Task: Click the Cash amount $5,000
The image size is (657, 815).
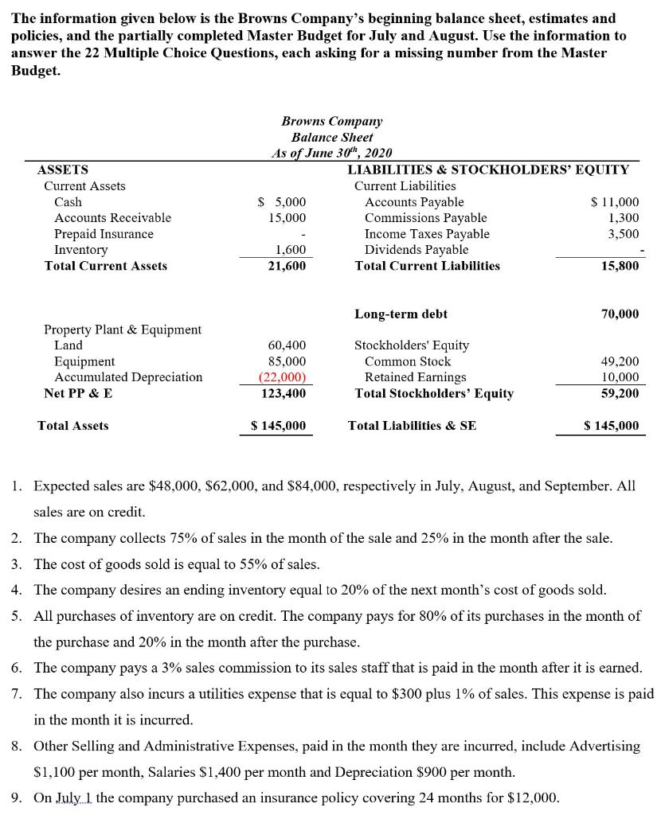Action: [x=283, y=202]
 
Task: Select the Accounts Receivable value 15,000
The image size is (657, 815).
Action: [x=287, y=217]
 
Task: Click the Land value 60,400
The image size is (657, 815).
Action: [x=287, y=345]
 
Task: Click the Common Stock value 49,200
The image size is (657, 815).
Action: [x=620, y=361]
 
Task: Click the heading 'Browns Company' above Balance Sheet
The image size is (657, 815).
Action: [x=331, y=121]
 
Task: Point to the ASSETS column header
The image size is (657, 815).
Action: [x=63, y=170]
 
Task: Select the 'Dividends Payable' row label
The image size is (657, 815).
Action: [x=416, y=250]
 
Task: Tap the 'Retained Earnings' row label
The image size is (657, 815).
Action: [x=416, y=377]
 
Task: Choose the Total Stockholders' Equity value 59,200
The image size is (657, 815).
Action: [x=620, y=393]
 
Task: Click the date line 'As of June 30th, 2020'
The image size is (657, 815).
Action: [x=331, y=153]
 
